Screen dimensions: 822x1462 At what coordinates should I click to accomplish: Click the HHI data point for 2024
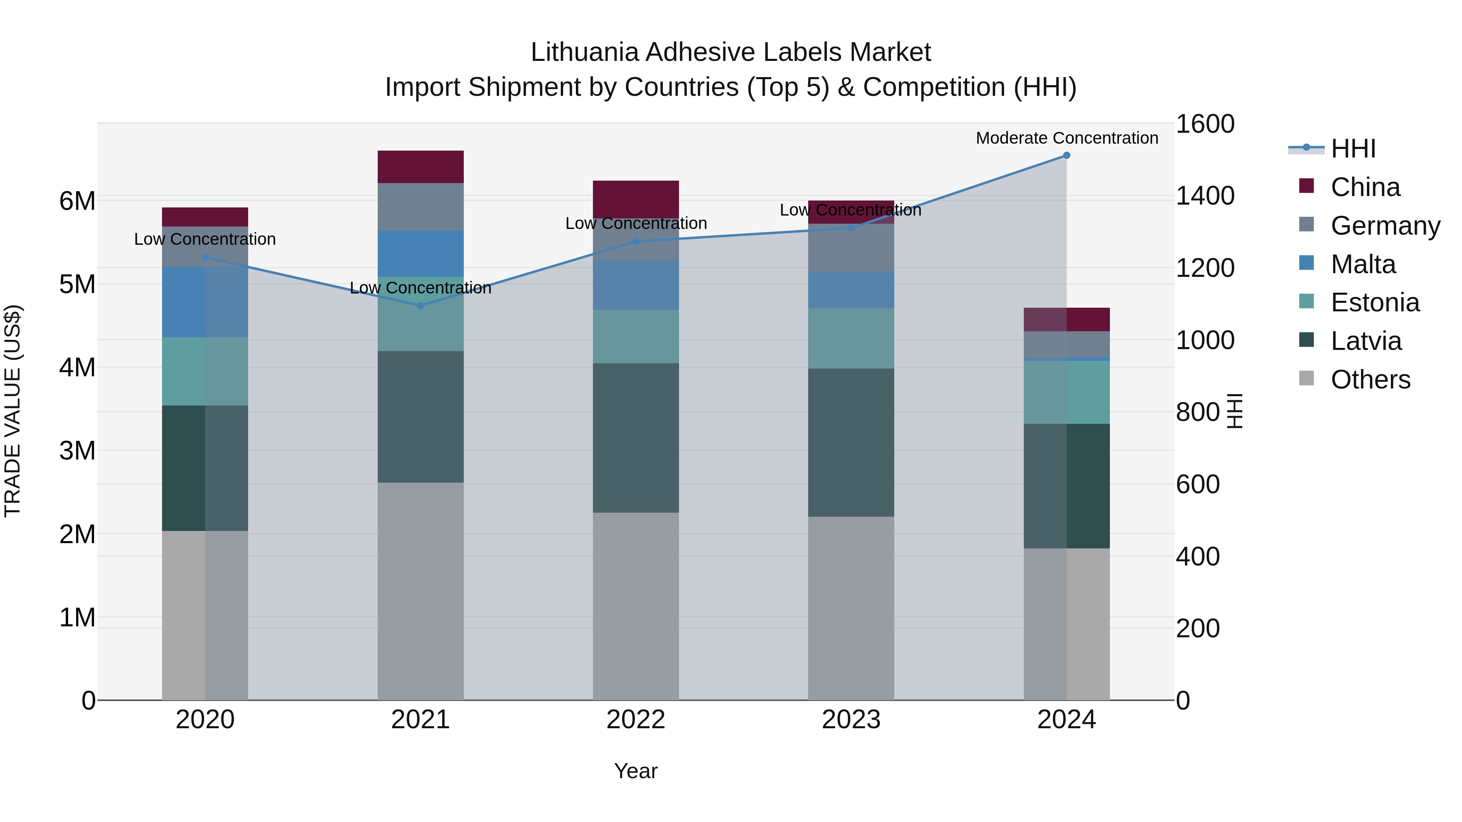click(x=1066, y=155)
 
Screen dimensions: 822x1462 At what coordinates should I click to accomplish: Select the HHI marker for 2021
click(x=421, y=306)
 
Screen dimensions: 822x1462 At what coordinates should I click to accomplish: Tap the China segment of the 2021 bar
click(x=421, y=167)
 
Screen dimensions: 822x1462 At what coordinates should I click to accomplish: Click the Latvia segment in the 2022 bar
click(x=636, y=438)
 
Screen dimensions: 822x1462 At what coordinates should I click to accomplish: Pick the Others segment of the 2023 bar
click(x=851, y=608)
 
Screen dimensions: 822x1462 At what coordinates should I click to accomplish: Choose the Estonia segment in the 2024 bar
click(x=1066, y=392)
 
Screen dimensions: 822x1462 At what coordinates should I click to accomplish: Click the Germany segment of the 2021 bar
click(x=421, y=207)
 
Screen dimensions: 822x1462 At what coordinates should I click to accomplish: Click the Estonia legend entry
click(x=1375, y=303)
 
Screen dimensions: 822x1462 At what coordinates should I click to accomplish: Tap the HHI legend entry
click(x=1353, y=149)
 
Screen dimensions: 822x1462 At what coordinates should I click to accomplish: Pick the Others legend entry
click(x=1370, y=380)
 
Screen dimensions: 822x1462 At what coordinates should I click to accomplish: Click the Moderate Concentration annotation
click(x=1067, y=138)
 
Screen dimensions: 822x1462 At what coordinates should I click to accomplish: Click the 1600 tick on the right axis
click(x=1205, y=124)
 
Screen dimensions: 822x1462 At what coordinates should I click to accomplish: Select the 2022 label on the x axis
click(x=636, y=720)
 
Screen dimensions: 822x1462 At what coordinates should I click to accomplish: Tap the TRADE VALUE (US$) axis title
click(x=13, y=411)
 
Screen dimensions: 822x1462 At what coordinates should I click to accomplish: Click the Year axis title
click(x=636, y=771)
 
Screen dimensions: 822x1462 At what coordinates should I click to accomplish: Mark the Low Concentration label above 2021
click(x=421, y=288)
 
